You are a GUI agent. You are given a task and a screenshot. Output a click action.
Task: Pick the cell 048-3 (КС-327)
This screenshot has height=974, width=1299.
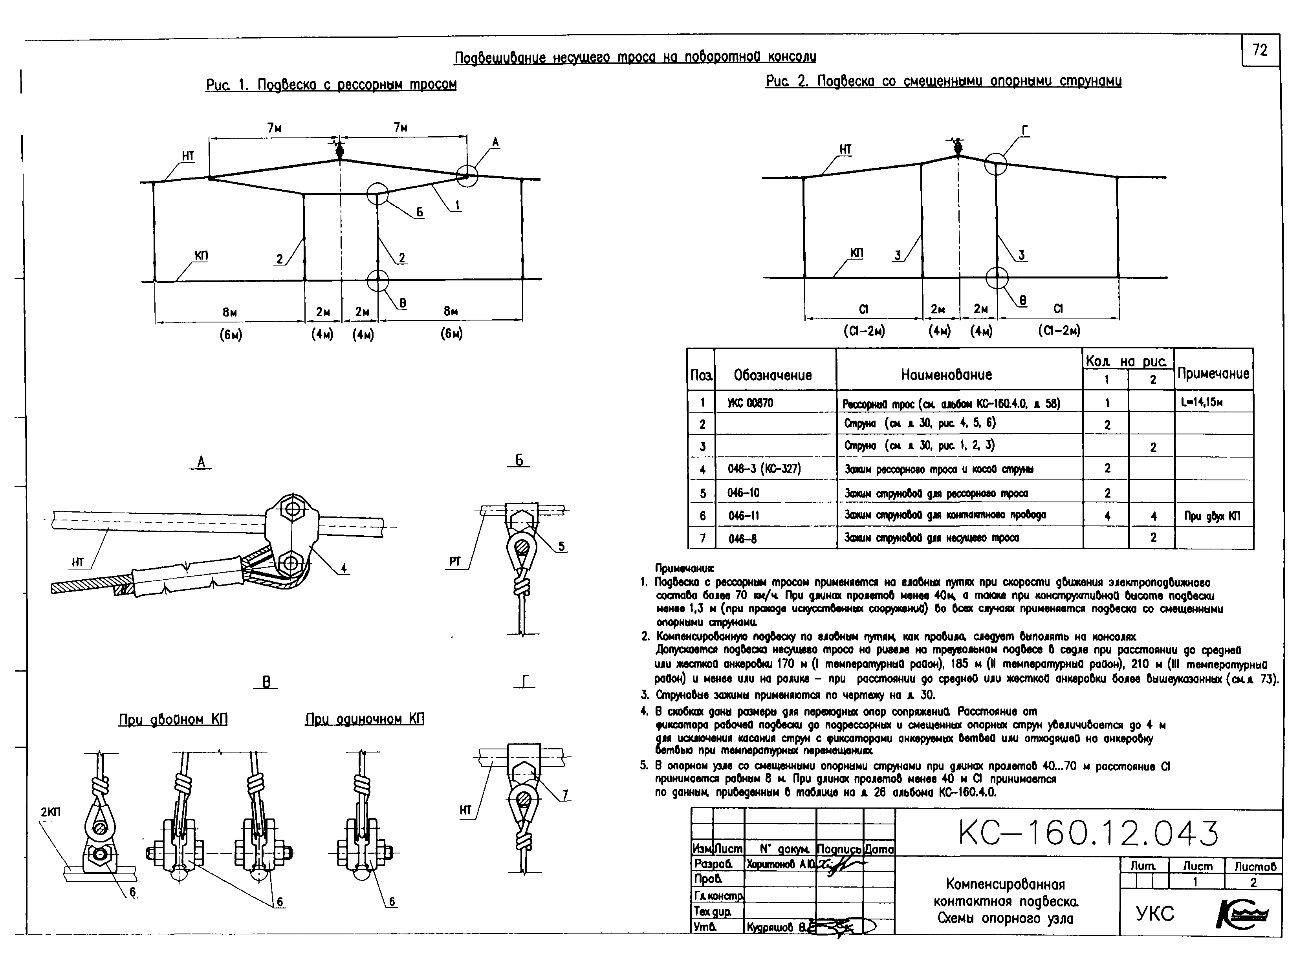point(764,469)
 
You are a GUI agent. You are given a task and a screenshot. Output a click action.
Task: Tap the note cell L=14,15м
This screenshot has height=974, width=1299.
point(1201,403)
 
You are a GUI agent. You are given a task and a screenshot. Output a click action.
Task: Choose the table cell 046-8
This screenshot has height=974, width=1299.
point(742,538)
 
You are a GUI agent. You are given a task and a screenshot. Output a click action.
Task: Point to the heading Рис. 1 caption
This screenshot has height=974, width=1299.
point(331,84)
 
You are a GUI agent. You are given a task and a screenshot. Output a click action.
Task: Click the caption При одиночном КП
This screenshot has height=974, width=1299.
point(364,719)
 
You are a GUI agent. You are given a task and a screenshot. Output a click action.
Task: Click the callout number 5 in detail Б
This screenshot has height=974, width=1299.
point(561,546)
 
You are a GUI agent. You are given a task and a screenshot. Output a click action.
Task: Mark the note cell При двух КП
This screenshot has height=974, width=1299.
point(1212,516)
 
